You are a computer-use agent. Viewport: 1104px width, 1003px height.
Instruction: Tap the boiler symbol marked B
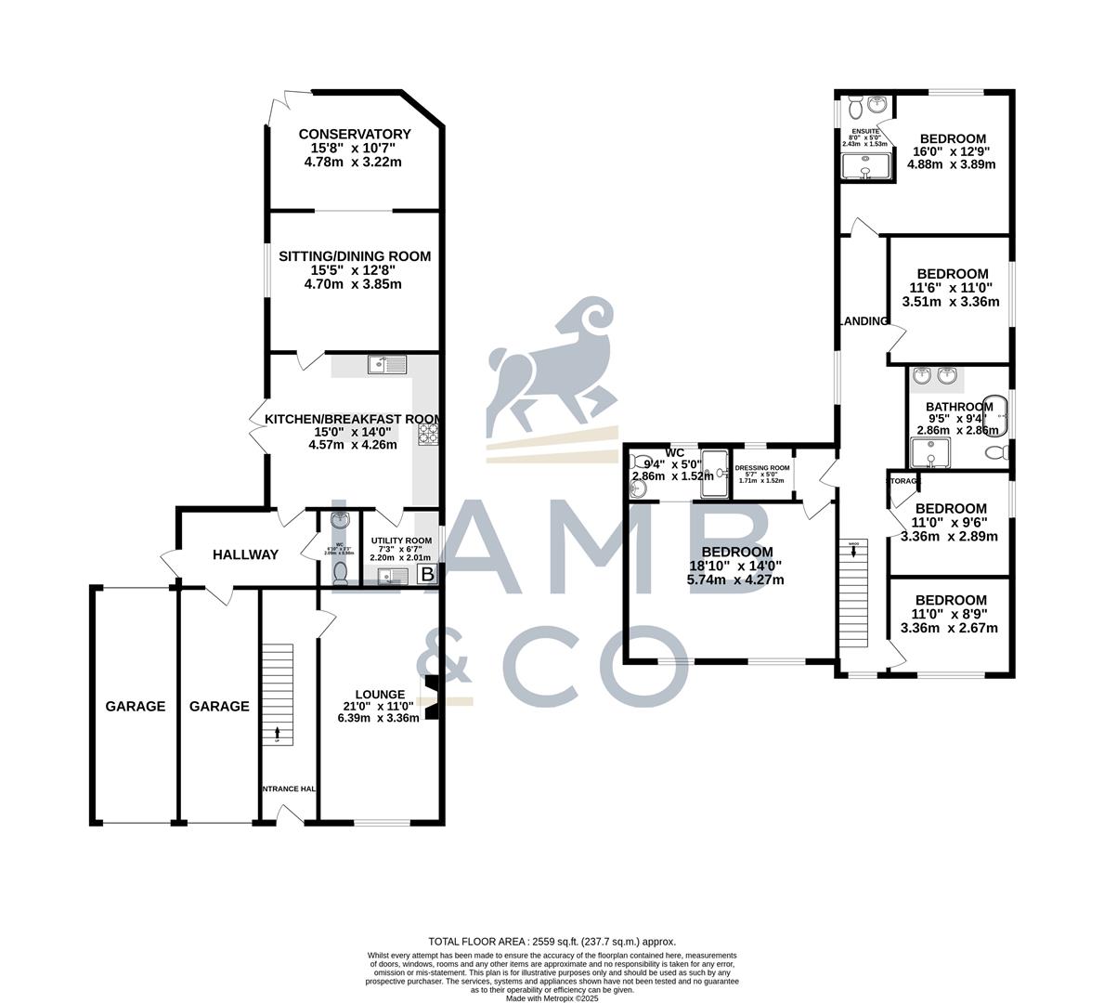click(x=427, y=575)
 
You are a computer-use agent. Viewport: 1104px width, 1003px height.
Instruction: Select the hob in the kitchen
click(x=428, y=433)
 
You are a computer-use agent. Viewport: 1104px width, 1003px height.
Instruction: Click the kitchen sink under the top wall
click(x=388, y=365)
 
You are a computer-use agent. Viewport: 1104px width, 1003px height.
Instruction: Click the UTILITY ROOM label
click(x=401, y=541)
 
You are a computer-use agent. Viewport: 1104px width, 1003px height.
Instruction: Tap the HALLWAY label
click(x=245, y=554)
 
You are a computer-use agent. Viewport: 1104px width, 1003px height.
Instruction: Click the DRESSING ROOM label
click(x=761, y=468)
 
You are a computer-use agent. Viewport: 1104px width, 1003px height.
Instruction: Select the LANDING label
click(x=864, y=321)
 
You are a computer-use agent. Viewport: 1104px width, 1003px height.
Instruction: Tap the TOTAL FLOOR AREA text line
click(x=552, y=941)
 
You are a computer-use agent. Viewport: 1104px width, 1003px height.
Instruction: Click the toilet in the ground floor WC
click(x=341, y=573)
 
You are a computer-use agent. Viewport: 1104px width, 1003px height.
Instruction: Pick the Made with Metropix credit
click(x=552, y=998)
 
